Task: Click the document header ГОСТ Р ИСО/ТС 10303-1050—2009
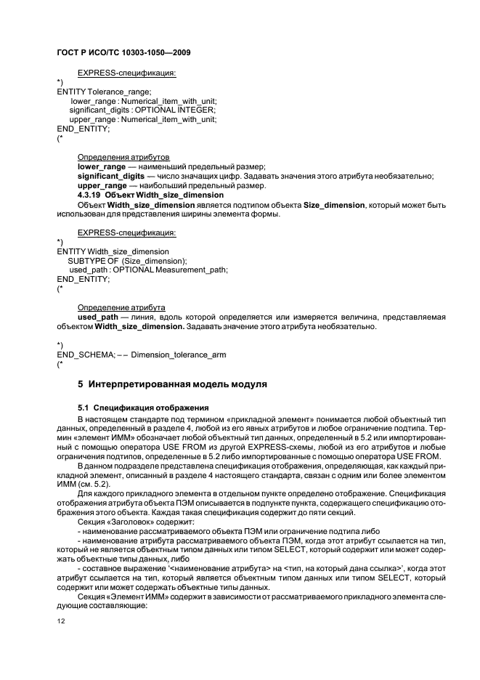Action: pos(123,54)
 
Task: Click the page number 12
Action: pos(61,620)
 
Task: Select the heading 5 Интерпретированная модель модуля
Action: pos(173,383)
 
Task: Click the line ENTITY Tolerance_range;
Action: pos(104,92)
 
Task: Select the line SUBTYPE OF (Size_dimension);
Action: pos(127,260)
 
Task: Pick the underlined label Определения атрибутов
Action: pos(123,157)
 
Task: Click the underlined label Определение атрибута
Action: pos(121,307)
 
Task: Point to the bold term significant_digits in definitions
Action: pos(110,176)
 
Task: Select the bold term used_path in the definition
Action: pos(98,317)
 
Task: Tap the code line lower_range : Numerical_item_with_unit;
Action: pos(144,100)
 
